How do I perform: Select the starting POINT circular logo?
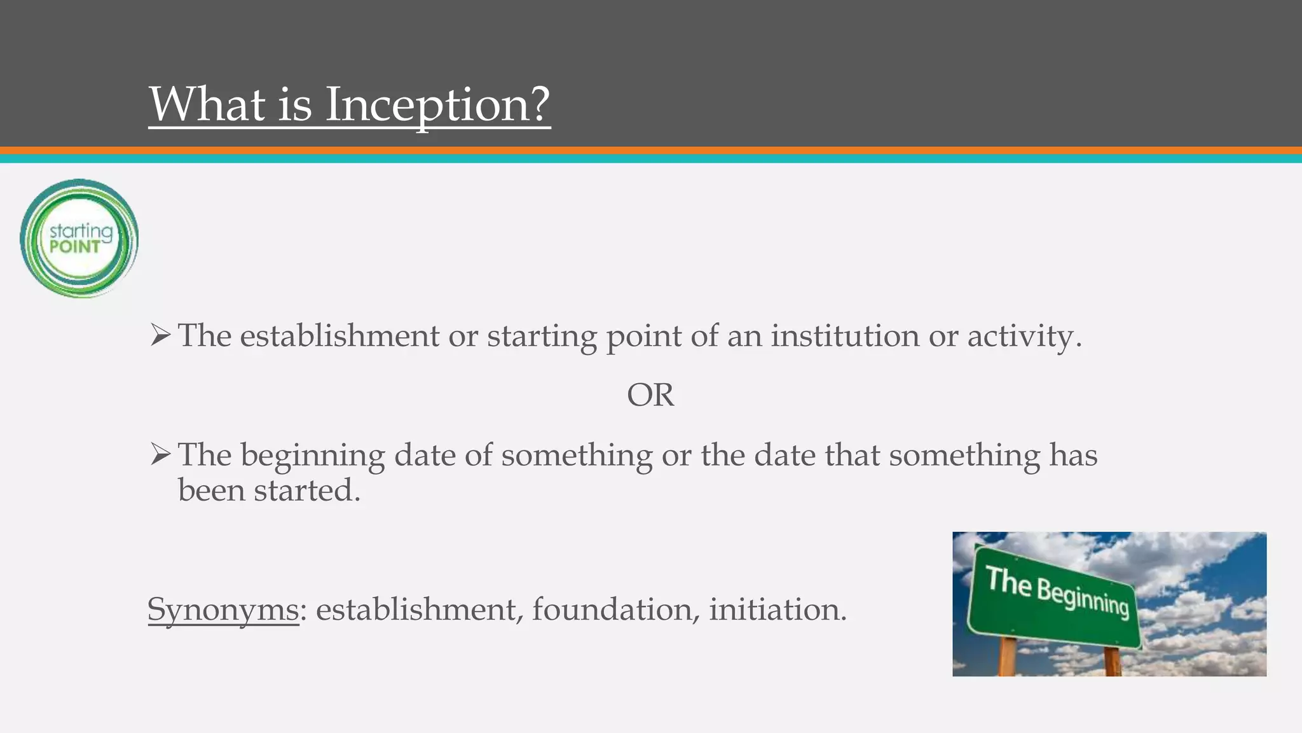[x=79, y=239]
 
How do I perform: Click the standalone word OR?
[x=650, y=395]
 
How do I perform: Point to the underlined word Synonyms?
[x=223, y=610]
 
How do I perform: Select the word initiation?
[x=777, y=610]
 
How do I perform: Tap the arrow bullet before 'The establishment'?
[x=160, y=335]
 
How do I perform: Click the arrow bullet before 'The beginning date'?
[x=160, y=454]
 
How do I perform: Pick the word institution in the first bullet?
[x=845, y=336]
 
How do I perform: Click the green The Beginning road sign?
[x=1055, y=598]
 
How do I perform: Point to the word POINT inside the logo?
[x=75, y=247]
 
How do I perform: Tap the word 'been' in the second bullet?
[x=211, y=491]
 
